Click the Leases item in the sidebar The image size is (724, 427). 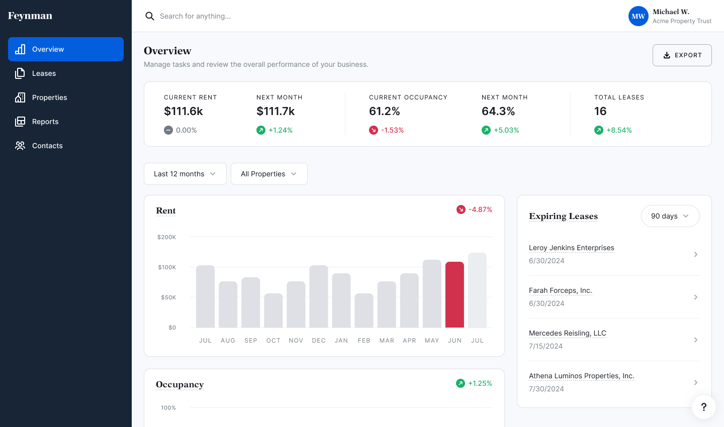pos(44,73)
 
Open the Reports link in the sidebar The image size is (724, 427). pos(45,122)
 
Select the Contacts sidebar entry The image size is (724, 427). pos(47,146)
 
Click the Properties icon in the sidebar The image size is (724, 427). pos(20,97)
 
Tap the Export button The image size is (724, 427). pos(682,55)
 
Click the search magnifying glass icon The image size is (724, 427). pos(150,16)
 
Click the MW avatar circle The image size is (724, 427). pos(638,16)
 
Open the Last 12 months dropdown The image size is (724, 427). pos(185,174)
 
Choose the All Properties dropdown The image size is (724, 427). pos(269,174)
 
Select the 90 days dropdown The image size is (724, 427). pos(670,216)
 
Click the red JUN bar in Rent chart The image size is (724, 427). pos(455,294)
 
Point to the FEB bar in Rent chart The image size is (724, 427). pos(364,310)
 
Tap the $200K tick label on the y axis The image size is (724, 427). pos(166,237)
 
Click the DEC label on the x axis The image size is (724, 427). pos(319,341)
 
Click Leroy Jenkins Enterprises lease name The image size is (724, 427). pos(571,248)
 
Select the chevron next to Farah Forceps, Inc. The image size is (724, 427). pos(695,297)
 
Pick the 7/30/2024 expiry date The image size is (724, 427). pos(546,389)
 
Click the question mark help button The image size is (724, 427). pos(703,407)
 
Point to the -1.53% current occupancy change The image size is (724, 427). pos(392,130)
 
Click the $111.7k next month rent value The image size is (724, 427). pos(276,111)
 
